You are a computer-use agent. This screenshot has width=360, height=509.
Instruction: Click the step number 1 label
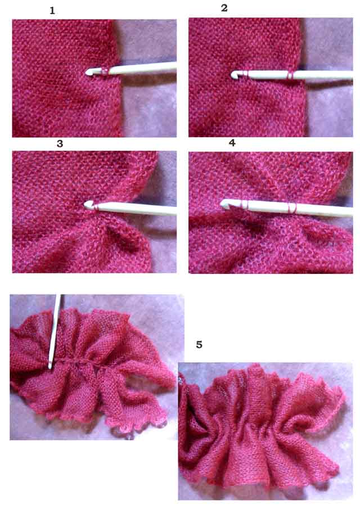pos(52,11)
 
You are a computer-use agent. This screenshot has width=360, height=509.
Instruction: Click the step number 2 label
pos(224,8)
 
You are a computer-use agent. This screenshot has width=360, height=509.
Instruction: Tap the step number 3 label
pos(60,144)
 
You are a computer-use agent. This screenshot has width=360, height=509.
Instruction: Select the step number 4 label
pos(232,143)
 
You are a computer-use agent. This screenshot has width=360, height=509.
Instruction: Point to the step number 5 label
pos(199,344)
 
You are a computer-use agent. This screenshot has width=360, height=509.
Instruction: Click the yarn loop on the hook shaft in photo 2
pos(290,75)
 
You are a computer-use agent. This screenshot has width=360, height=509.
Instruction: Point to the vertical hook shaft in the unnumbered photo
pos(55,331)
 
